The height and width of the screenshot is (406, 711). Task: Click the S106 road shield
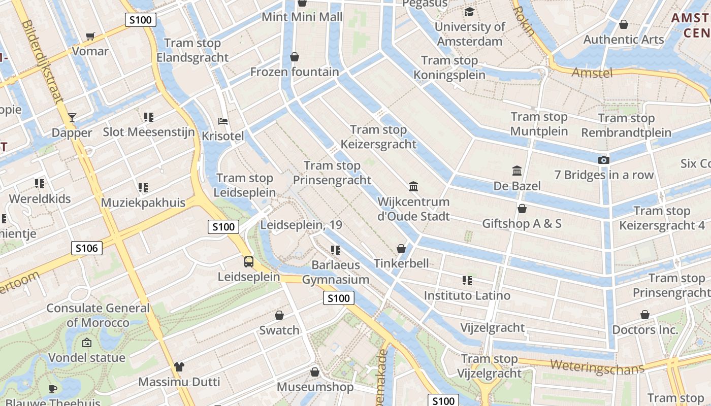87,248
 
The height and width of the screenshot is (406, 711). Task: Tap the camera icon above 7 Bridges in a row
604,160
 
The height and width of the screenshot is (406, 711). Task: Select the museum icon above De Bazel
517,171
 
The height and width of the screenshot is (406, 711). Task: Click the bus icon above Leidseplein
248,262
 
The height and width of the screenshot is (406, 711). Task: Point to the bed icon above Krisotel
222,121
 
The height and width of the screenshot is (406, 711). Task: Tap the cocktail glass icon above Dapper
72,118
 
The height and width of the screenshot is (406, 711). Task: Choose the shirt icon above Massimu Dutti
179,366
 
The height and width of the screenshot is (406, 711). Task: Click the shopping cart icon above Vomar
90,36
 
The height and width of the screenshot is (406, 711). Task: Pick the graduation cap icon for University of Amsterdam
469,12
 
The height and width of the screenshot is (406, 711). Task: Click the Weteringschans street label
597,366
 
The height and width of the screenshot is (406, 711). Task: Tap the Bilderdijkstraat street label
43,61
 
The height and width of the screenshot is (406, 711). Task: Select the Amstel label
592,73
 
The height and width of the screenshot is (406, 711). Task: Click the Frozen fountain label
295,72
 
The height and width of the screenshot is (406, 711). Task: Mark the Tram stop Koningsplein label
449,68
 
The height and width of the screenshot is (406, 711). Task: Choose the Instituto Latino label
467,295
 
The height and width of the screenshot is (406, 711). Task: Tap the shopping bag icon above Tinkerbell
401,249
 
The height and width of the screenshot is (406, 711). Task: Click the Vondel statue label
87,358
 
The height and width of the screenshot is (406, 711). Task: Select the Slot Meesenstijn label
149,132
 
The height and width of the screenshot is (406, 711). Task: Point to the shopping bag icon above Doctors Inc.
644,315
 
